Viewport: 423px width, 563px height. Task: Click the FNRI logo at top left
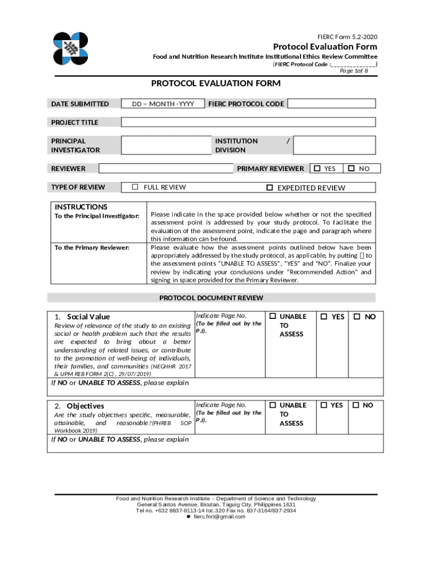pyautogui.click(x=74, y=49)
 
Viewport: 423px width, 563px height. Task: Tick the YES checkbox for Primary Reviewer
pyautogui.click(x=317, y=168)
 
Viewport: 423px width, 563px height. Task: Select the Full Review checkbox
pyautogui.click(x=135, y=187)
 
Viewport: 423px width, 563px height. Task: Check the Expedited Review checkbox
pyautogui.click(x=270, y=187)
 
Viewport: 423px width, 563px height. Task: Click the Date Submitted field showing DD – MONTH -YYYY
pyautogui.click(x=163, y=103)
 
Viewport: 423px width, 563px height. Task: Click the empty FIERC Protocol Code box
pyautogui.click(x=331, y=103)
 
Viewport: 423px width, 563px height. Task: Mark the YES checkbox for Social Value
pyautogui.click(x=324, y=316)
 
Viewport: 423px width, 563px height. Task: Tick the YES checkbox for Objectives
pyautogui.click(x=323, y=405)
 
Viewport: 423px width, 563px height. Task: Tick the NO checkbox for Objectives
pyautogui.click(x=356, y=405)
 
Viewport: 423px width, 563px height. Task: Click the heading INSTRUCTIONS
pyautogui.click(x=81, y=207)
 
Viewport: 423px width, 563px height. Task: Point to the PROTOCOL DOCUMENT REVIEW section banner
pyautogui.click(x=211, y=298)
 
